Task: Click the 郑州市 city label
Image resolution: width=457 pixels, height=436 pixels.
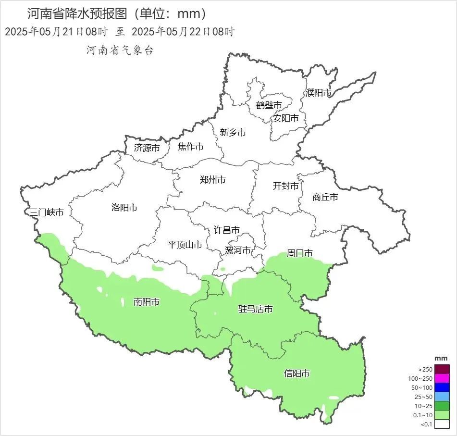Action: click(x=212, y=180)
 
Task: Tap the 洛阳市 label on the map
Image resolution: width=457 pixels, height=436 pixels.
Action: click(x=124, y=208)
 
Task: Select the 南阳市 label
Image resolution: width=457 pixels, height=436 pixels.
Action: click(x=147, y=302)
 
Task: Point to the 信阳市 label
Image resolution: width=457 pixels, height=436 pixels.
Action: click(x=296, y=374)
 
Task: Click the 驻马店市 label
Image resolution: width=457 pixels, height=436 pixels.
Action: click(x=256, y=309)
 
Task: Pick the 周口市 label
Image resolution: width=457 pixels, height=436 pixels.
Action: click(x=300, y=253)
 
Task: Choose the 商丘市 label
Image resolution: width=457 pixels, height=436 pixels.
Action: click(x=325, y=197)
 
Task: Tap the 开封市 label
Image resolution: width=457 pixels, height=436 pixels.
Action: click(x=285, y=186)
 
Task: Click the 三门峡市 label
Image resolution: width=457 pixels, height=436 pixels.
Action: click(x=47, y=212)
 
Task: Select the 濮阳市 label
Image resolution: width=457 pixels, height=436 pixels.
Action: click(x=319, y=93)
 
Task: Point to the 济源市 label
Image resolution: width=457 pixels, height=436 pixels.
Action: click(x=147, y=148)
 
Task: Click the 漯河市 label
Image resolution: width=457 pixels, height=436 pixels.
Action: click(x=238, y=250)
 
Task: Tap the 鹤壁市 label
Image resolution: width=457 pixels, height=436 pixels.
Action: click(x=269, y=105)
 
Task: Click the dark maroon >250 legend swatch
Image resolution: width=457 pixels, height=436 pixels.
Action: click(x=443, y=369)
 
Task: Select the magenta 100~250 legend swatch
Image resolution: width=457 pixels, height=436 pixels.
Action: click(x=443, y=378)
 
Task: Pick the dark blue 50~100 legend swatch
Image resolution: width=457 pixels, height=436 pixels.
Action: click(x=443, y=387)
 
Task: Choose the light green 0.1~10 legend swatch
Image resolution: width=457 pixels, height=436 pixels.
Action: click(x=443, y=415)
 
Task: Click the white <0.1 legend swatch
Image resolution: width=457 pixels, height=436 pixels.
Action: click(x=443, y=424)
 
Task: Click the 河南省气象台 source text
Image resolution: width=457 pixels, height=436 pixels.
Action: click(x=119, y=50)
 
